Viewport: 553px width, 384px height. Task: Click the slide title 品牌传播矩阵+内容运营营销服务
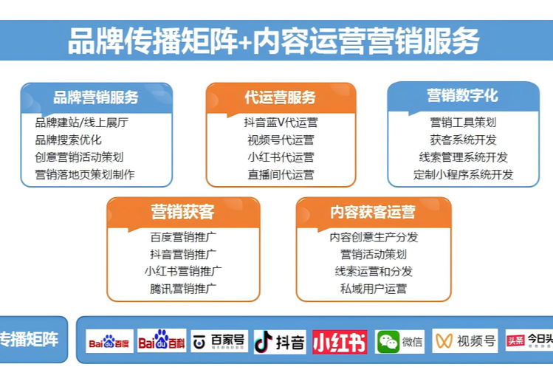273,41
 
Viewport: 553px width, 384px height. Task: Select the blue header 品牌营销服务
96,97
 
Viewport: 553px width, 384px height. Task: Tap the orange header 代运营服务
281,97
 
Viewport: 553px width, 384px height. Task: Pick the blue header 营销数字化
463,95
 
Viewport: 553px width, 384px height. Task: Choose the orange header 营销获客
182,213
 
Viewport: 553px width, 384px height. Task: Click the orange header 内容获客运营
373,213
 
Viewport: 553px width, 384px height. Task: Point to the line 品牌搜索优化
68,140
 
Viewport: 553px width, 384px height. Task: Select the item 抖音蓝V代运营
281,123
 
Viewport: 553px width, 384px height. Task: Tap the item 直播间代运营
281,175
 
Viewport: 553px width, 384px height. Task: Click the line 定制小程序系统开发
463,175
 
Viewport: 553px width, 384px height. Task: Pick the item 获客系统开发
463,140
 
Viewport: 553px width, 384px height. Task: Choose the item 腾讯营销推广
182,289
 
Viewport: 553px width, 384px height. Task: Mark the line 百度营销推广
182,237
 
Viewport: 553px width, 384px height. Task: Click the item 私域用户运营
373,289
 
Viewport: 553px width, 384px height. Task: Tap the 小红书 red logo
340,342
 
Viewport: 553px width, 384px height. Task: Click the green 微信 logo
399,342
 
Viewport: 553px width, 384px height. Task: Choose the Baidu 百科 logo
162,341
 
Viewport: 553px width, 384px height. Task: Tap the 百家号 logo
219,341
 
